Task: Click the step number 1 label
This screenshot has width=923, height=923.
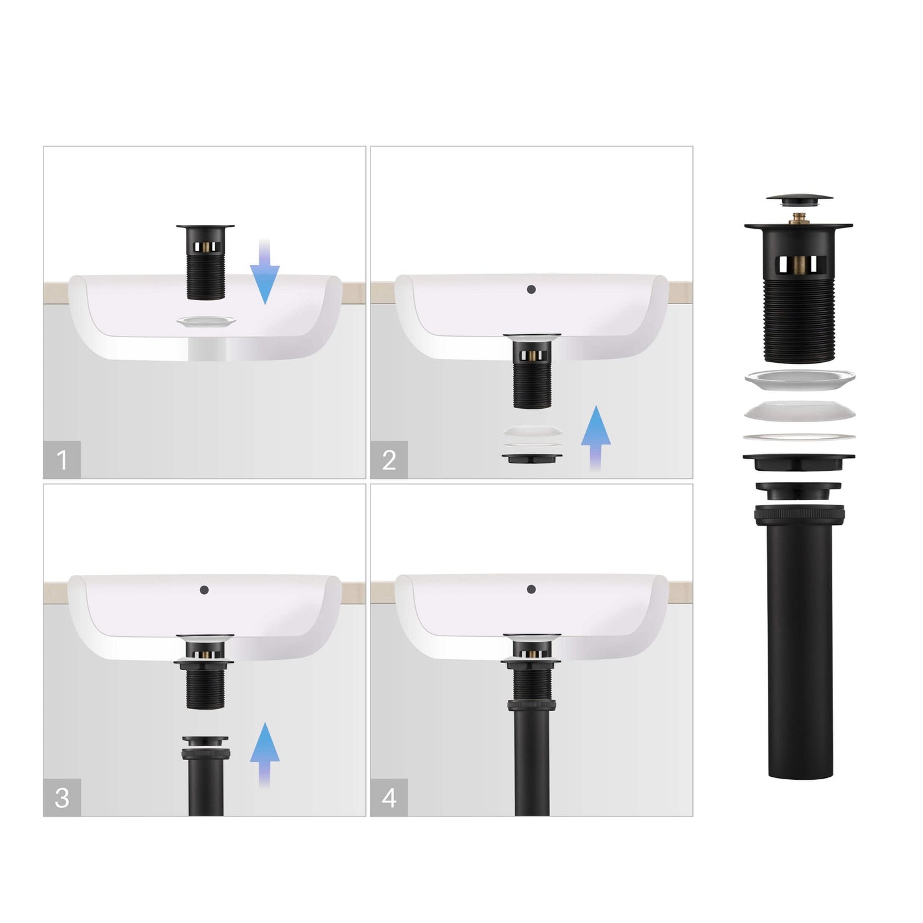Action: point(61,460)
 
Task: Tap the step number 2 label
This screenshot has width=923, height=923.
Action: point(389,460)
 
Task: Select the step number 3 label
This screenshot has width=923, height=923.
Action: point(62,798)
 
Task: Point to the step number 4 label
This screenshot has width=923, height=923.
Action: point(389,798)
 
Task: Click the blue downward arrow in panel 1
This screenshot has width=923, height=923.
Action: point(264,272)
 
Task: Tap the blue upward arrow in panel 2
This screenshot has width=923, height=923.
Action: point(595,438)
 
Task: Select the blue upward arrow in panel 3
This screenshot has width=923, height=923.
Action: point(264,756)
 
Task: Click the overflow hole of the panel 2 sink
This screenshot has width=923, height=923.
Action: point(531,289)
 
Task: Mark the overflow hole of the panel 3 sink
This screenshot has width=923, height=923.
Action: point(204,590)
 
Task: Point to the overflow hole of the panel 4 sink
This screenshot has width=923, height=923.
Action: point(531,589)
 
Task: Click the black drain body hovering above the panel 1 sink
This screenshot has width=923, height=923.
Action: point(205,262)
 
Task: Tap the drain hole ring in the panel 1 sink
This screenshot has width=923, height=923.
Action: point(206,321)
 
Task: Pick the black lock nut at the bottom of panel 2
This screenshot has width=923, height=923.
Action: point(531,459)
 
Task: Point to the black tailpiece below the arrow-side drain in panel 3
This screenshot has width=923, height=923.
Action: point(206,775)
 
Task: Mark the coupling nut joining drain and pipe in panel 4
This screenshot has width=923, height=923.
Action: point(531,705)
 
